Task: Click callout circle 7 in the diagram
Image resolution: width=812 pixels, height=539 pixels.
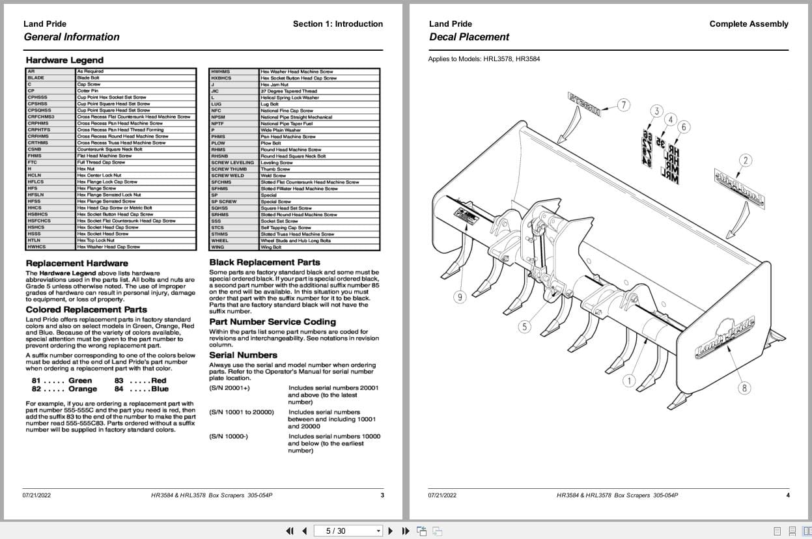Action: coord(624,105)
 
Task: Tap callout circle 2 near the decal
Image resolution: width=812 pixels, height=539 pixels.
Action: coord(746,160)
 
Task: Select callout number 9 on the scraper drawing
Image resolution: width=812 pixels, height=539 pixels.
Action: coord(460,297)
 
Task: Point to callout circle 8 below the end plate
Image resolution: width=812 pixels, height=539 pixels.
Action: coord(744,388)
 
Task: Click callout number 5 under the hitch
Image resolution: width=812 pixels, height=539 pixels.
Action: coord(524,326)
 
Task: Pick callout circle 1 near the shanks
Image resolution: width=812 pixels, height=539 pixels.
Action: coord(628,381)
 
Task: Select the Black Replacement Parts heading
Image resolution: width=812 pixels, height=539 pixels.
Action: coord(264,262)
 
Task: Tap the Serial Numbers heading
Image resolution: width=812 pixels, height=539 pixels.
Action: coord(243,355)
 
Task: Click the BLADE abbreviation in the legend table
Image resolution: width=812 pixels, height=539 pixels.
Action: coord(36,78)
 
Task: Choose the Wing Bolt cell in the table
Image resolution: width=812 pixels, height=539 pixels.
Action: coord(272,247)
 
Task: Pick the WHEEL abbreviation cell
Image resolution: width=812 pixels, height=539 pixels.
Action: coord(219,241)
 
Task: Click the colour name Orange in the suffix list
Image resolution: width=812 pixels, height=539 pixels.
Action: coord(83,389)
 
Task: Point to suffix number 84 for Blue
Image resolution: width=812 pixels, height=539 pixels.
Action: coord(119,389)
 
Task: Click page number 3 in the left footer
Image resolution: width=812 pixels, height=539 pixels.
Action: coord(382,495)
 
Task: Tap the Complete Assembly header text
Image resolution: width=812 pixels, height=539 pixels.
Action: coord(748,24)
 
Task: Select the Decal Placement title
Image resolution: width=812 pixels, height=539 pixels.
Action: coord(469,37)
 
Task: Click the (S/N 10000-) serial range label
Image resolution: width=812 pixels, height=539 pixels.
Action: coord(228,436)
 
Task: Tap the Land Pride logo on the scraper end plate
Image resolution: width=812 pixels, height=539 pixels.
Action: coord(725,336)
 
